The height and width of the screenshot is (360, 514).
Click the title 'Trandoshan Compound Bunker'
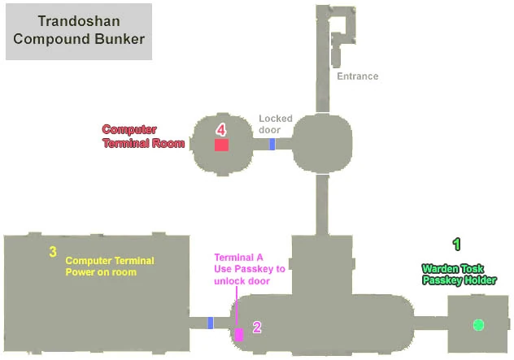pos(78,30)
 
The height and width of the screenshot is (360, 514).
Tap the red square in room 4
pos(221,145)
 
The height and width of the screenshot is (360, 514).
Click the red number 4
pos(220,128)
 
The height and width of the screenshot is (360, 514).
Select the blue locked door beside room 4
pos(272,145)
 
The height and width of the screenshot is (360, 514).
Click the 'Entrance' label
pos(358,76)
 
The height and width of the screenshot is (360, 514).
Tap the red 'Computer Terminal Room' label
pos(143,136)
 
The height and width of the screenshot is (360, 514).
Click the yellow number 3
pos(53,252)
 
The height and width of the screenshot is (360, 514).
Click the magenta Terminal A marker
pos(239,334)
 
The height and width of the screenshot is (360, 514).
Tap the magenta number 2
pos(257,327)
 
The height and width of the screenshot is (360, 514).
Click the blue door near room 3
pos(211,323)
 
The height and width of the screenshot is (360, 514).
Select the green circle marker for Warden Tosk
pos(478,325)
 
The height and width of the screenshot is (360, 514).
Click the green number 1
pos(456,243)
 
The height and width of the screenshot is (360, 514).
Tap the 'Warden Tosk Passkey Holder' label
pos(459,274)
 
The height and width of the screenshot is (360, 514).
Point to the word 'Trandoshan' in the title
pos(78,21)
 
